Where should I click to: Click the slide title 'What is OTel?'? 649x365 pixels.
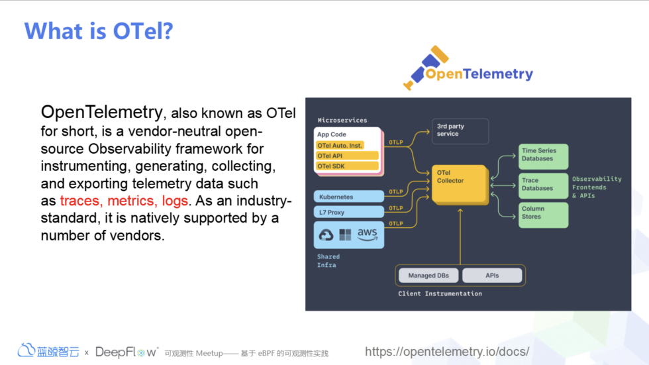[99, 31]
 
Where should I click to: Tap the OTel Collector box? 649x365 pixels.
[460, 185]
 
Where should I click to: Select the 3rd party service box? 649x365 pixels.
[460, 131]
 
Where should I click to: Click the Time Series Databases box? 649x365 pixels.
[544, 156]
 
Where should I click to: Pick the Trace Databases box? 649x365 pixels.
[544, 185]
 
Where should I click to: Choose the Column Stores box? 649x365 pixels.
[544, 215]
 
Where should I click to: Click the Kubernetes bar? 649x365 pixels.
[349, 197]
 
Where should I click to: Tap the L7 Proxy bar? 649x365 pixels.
[349, 212]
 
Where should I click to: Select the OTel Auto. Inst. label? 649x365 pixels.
[340, 145]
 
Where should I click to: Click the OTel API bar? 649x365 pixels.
[347, 156]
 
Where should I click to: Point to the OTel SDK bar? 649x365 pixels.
[347, 166]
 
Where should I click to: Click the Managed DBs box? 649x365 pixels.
[428, 275]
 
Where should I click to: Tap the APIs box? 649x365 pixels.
[492, 275]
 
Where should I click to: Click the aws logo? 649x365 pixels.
[367, 235]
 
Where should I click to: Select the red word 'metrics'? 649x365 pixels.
[132, 201]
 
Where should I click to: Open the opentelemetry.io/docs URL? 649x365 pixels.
[447, 352]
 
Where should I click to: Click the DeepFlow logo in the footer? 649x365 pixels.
[126, 352]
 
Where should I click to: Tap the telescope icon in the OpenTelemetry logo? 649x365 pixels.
[424, 68]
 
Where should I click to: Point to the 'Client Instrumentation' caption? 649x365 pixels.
[440, 293]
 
